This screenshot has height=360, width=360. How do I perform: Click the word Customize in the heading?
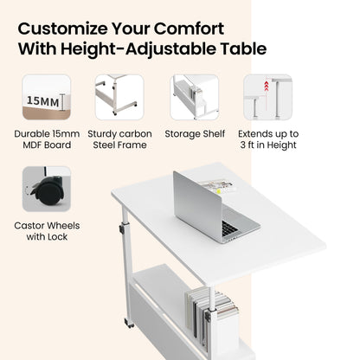62,29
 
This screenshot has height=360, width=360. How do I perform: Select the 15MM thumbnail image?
47,97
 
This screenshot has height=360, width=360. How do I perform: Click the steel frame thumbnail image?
119,97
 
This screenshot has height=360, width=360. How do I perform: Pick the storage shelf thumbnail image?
195,97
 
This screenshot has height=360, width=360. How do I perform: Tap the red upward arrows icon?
267,87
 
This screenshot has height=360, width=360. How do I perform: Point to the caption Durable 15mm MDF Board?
47,139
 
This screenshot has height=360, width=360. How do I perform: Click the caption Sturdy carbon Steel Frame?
119,139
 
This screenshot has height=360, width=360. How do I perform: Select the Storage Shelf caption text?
195,134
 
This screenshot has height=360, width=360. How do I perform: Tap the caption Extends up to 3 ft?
268,139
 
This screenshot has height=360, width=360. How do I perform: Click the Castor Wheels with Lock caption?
47,231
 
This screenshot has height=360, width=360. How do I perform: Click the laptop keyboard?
230,228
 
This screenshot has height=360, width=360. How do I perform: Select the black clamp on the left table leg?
122,229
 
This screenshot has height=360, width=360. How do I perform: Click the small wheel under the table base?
129,323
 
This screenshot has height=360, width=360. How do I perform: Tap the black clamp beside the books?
209,315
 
